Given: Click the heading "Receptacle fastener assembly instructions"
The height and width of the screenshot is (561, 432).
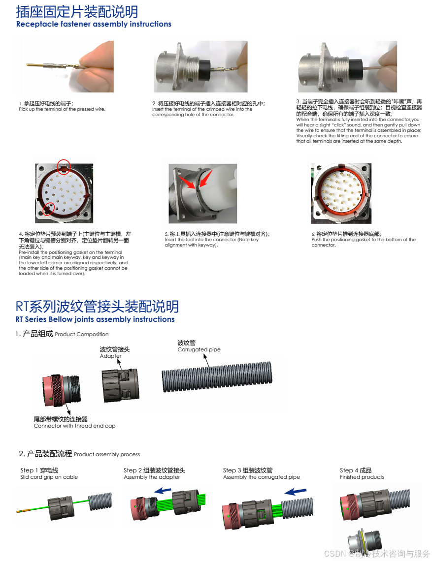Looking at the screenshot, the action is (x=94, y=24).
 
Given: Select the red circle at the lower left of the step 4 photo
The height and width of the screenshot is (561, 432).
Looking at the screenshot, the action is (x=48, y=209).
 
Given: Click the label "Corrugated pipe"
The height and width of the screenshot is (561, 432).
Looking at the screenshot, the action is (x=199, y=349).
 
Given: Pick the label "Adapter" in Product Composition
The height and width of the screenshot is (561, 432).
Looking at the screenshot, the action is (x=110, y=356).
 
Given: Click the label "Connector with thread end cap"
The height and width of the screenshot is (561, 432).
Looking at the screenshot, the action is (x=74, y=426).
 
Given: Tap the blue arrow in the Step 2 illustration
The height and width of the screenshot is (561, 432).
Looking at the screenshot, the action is (x=163, y=491).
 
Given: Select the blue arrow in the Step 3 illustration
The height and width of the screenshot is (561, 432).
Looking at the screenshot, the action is (x=296, y=492).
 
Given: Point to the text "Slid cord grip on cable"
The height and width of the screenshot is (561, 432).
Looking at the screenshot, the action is (x=49, y=477).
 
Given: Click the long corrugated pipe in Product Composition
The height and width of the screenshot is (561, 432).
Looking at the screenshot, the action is (x=217, y=377).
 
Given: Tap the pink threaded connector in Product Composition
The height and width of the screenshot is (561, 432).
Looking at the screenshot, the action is (x=61, y=391).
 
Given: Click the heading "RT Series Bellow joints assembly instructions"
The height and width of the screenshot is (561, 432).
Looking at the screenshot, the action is (x=95, y=319).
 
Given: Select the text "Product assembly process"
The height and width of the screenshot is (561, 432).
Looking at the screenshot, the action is (x=107, y=454).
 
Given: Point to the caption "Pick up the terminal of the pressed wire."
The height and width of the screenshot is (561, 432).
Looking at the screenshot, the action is (x=62, y=109).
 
